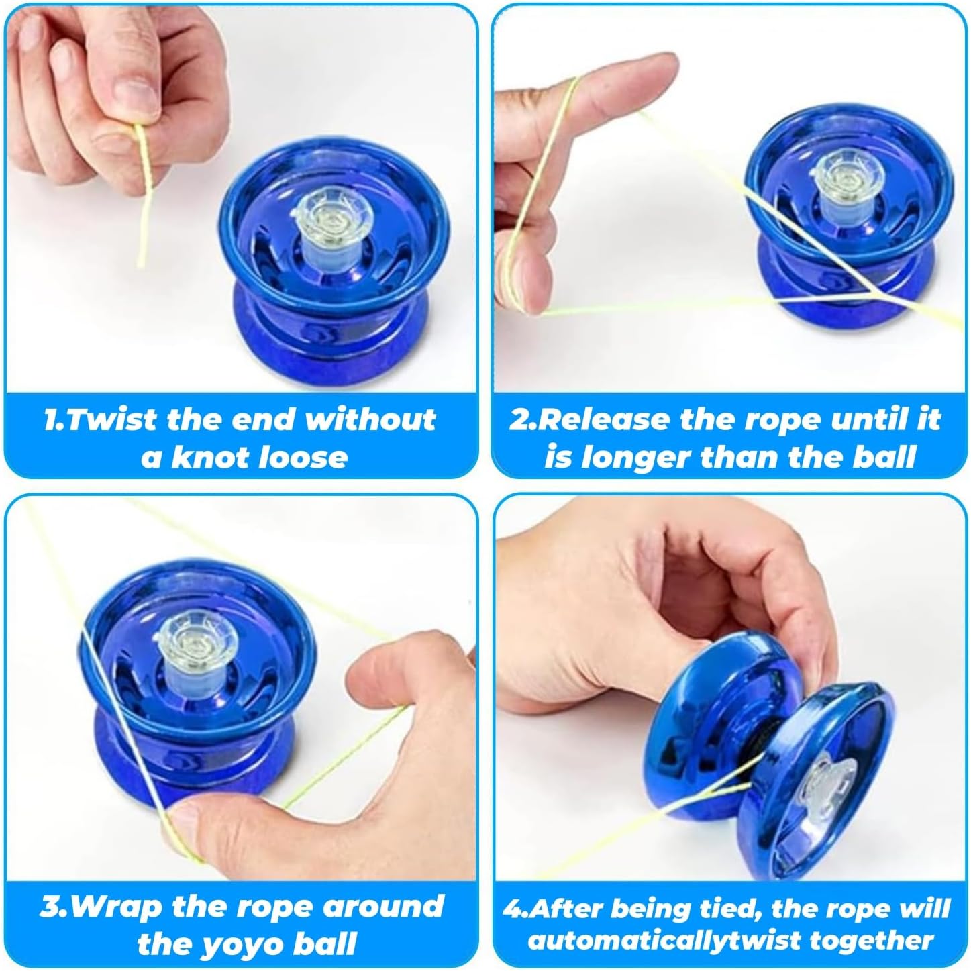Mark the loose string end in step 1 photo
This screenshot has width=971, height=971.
coord(140,265)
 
